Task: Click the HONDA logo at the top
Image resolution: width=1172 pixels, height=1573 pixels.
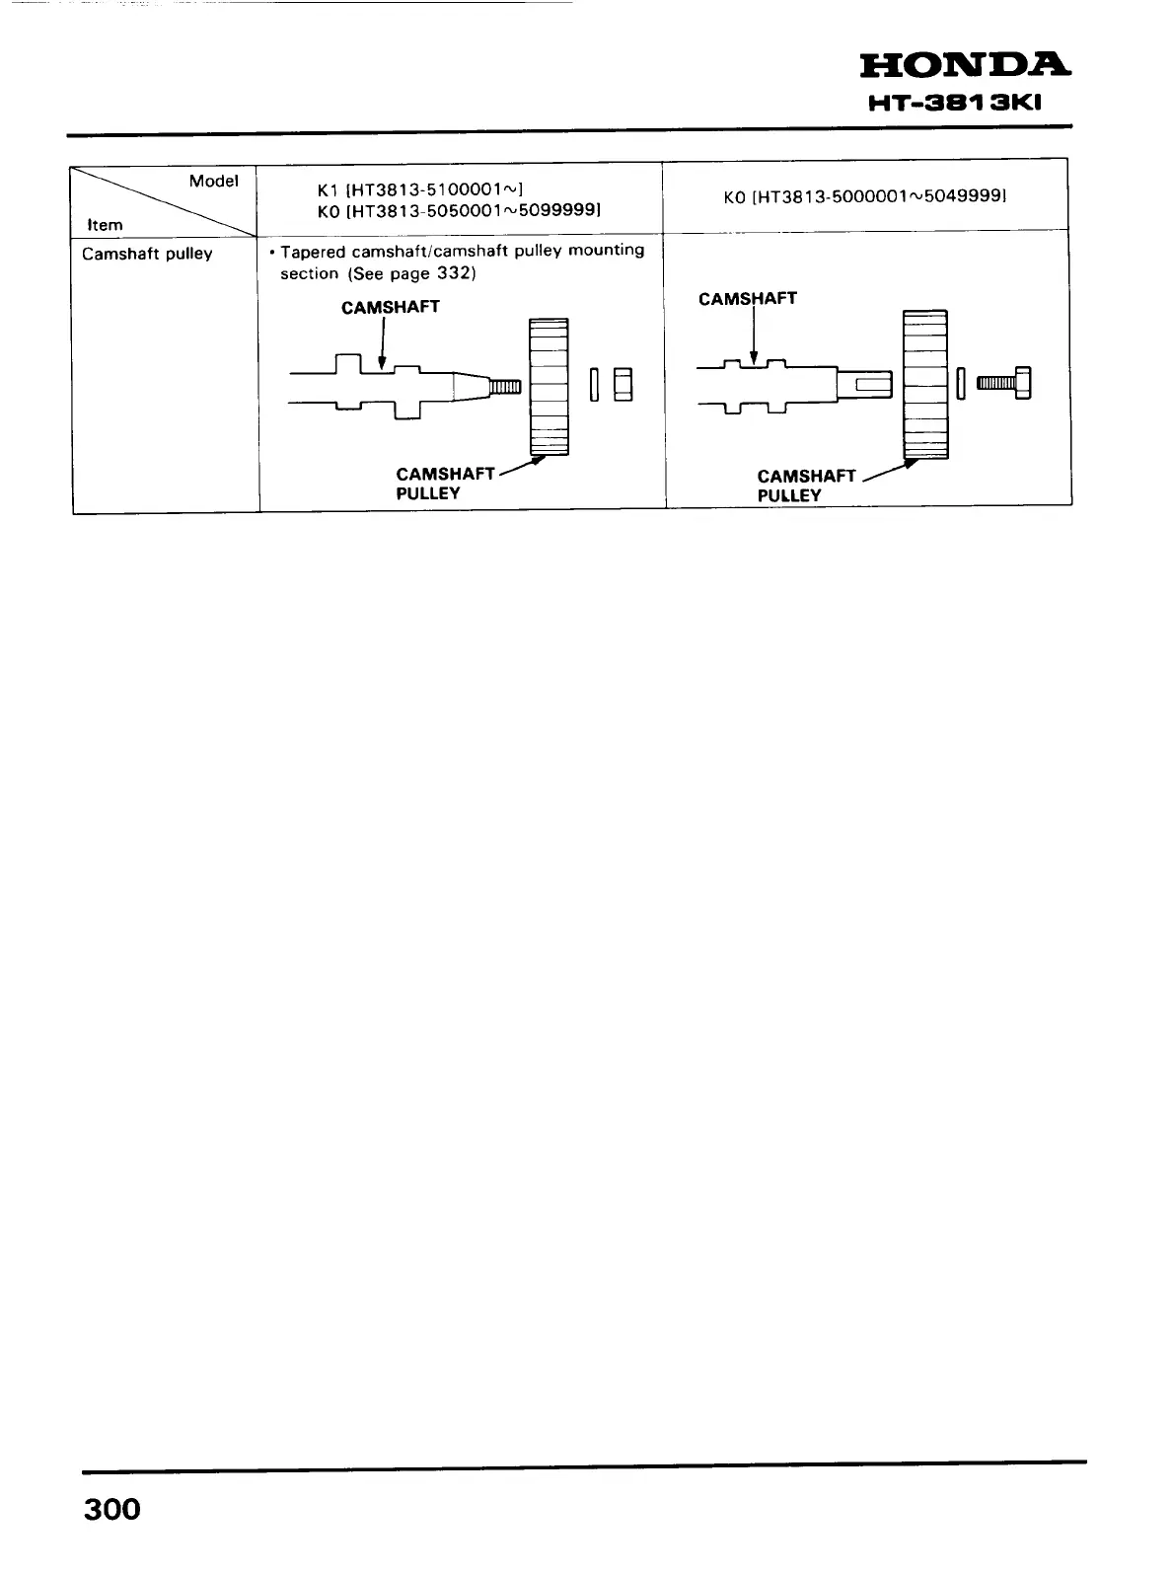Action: [964, 65]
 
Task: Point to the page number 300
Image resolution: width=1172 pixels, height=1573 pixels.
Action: [111, 1509]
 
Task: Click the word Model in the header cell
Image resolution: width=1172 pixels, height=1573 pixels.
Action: [214, 181]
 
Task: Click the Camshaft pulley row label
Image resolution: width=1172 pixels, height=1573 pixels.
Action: [147, 254]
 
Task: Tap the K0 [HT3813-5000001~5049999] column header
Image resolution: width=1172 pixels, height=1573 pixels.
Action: [864, 197]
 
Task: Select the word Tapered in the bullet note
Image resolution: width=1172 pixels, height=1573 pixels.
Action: [313, 251]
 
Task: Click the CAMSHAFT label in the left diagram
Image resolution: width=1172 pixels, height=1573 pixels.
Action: [390, 307]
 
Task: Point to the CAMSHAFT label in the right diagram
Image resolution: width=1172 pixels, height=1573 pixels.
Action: [747, 298]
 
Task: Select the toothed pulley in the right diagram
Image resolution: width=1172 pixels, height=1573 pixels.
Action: [925, 384]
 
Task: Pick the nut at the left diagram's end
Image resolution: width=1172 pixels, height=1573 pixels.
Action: [623, 384]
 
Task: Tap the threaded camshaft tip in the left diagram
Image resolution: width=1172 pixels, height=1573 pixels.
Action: [506, 385]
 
